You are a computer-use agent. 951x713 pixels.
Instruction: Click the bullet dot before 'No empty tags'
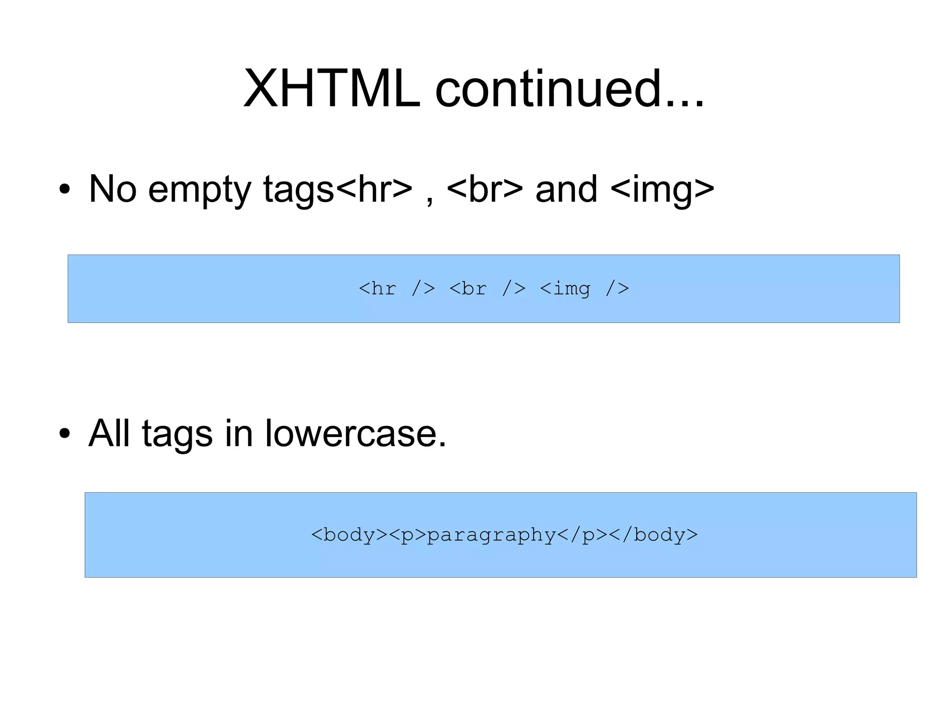65,190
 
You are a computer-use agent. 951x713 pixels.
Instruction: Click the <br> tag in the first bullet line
484,190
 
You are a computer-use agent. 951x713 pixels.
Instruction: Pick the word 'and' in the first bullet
566,190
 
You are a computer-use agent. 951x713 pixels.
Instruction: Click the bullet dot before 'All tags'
65,434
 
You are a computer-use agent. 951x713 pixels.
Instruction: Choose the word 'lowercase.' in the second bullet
355,433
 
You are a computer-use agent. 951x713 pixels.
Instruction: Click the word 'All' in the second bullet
109,433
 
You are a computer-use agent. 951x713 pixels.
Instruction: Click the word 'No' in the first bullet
112,189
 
